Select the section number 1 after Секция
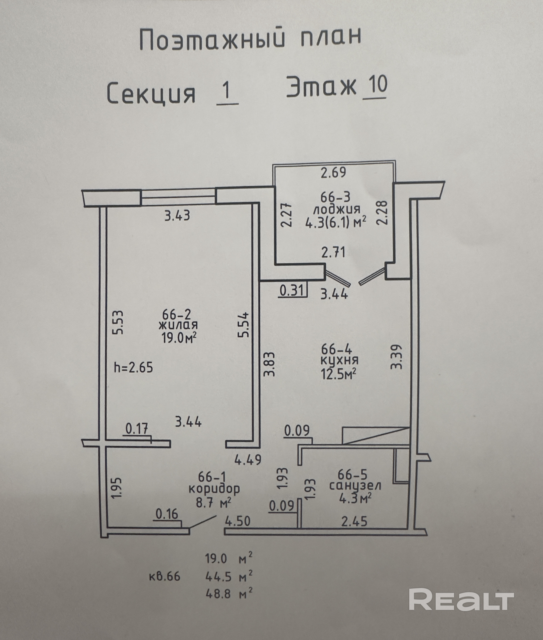click(227, 91)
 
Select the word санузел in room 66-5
click(355, 486)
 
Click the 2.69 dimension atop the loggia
click(333, 173)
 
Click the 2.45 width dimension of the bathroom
click(354, 521)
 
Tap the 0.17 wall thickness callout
click(137, 429)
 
